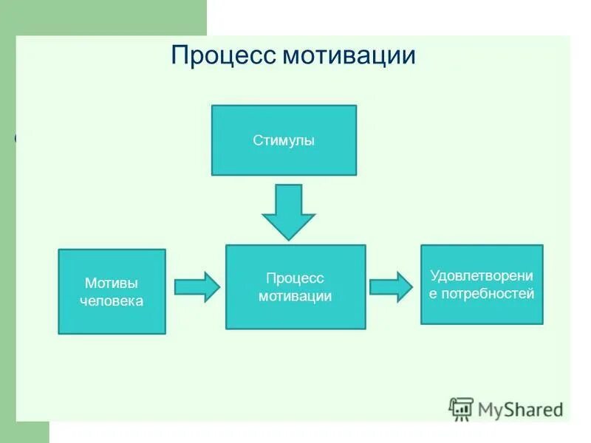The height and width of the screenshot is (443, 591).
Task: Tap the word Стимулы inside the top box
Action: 284,140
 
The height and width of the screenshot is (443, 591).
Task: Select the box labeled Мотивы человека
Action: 112,292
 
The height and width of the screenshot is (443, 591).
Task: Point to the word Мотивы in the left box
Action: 112,283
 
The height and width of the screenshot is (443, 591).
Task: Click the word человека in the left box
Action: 112,301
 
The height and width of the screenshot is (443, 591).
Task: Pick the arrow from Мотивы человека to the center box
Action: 197,286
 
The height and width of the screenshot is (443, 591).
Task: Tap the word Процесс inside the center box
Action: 295,278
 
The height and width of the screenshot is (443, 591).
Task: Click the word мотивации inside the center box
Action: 295,296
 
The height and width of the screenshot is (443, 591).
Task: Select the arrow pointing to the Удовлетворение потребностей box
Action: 391,286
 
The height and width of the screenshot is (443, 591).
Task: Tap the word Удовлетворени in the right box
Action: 482,275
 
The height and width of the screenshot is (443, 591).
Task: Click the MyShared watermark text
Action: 520,409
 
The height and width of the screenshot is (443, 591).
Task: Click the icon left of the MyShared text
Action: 461,408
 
